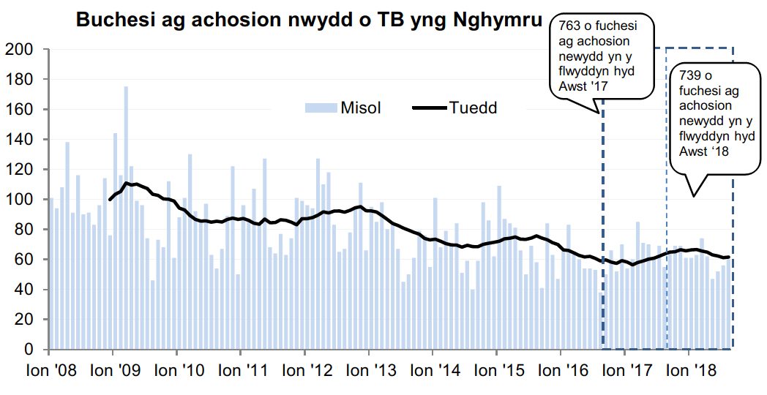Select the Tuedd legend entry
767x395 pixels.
[473, 108]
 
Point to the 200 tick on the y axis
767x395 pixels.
[19, 49]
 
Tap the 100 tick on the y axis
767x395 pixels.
[19, 199]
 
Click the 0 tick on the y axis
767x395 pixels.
[29, 350]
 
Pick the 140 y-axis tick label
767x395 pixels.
[19, 139]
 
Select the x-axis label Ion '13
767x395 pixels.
[369, 371]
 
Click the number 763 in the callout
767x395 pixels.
[566, 26]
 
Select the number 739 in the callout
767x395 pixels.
[689, 75]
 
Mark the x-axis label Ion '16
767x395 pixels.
[561, 371]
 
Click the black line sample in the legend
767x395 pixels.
[430, 108]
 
